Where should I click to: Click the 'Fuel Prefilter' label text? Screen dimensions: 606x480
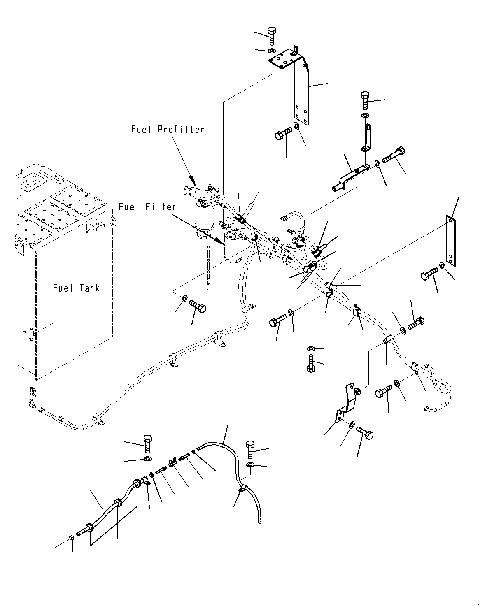[168, 130]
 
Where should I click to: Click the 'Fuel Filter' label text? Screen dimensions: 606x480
[147, 207]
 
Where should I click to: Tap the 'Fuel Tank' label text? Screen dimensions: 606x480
[76, 288]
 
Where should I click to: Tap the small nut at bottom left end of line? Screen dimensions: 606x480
[72, 538]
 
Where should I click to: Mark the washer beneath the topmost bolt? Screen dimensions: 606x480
[272, 51]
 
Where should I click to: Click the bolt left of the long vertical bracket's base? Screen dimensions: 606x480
[282, 134]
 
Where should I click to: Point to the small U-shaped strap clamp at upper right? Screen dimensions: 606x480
[366, 139]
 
